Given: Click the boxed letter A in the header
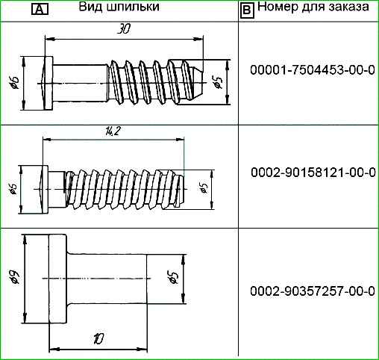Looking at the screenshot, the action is [x=40, y=10].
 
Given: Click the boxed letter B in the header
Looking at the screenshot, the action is [x=247, y=10].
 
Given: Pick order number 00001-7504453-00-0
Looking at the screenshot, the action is [x=313, y=70].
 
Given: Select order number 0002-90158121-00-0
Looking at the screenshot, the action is [x=313, y=173].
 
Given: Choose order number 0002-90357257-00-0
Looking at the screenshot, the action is [x=313, y=291].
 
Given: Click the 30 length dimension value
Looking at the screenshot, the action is [x=124, y=30].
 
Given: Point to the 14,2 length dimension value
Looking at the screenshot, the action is [x=112, y=131].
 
